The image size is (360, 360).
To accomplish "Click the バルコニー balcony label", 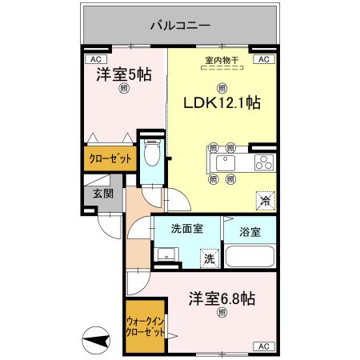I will pyautogui.click(x=180, y=26).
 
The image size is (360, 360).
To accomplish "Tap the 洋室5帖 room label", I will pyautogui.click(x=124, y=75).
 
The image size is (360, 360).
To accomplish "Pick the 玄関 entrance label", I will pyautogui.click(x=102, y=194).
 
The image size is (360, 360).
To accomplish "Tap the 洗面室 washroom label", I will pyautogui.click(x=187, y=229).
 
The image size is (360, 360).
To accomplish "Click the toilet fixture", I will pyautogui.click(x=152, y=154).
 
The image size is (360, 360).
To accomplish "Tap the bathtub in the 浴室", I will pyautogui.click(x=249, y=256).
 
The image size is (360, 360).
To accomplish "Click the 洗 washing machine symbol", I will pyautogui.click(x=208, y=258).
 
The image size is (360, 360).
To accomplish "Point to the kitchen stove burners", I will pyautogui.click(x=263, y=164).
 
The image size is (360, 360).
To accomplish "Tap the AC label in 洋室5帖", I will pyautogui.click(x=94, y=59).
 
